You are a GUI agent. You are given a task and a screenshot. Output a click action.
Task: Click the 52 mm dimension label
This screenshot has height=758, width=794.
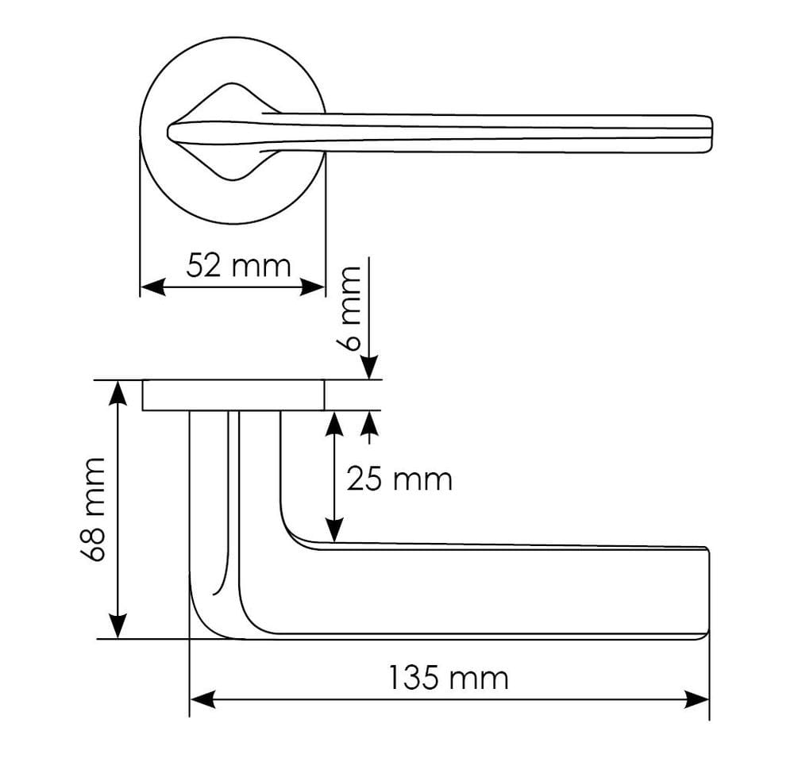click(x=238, y=265)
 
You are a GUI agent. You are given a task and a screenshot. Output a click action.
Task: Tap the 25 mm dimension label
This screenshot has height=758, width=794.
click(x=399, y=479)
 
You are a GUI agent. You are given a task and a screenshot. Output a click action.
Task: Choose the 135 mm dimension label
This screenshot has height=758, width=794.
click(x=449, y=679)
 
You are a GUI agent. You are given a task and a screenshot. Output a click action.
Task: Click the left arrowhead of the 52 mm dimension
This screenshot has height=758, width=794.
click(x=151, y=287)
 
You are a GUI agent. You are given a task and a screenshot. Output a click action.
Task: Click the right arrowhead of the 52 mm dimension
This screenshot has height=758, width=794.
click(x=314, y=287)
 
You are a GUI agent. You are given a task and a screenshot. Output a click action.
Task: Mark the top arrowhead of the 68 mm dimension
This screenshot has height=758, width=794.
click(x=118, y=391)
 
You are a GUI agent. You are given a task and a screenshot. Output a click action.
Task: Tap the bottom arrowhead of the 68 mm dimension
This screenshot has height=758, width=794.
click(x=118, y=627)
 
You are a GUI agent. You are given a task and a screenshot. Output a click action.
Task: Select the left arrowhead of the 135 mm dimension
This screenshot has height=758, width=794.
click(x=202, y=699)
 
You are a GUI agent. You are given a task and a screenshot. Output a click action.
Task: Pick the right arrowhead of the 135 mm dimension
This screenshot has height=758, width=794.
click(x=697, y=699)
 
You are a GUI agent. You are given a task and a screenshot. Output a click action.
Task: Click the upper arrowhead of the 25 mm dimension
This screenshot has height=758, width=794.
click(x=335, y=422)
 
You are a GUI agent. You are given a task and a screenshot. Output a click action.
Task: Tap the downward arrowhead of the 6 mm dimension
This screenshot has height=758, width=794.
click(x=369, y=368)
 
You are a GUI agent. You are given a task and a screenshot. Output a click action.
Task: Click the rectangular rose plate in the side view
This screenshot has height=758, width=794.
click(x=233, y=395)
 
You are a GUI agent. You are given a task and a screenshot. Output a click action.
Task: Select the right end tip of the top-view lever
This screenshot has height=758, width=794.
click(x=711, y=133)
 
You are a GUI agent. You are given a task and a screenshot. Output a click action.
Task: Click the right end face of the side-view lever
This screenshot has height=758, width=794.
click(x=707, y=591)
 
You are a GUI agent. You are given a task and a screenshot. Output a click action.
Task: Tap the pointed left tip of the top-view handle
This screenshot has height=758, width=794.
click(x=169, y=130)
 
